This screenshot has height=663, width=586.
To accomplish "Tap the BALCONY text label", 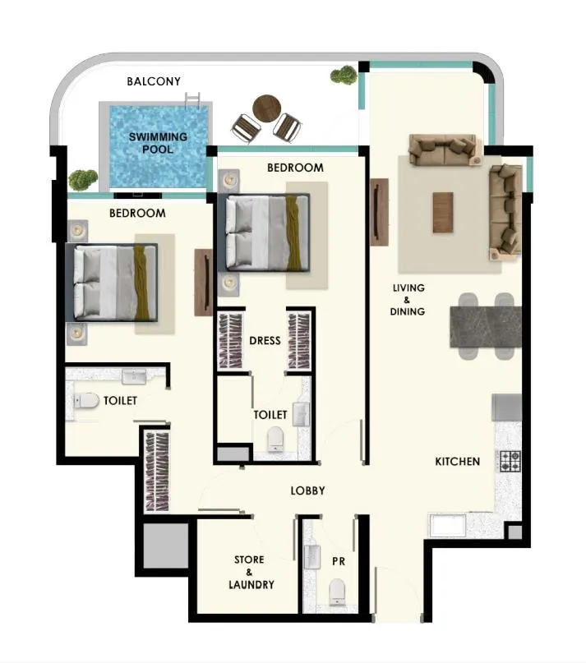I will point(154,81).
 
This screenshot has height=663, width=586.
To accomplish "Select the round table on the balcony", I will point(268,107).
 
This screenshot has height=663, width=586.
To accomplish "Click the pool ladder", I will point(194,102).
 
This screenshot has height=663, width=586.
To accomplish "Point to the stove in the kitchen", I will point(510,461).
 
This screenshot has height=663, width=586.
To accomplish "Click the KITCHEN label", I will point(457,462).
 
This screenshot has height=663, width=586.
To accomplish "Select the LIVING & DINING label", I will point(408,300).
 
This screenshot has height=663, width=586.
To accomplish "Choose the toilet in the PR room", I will point(337,592).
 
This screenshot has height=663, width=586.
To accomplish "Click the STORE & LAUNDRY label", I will point(249,573).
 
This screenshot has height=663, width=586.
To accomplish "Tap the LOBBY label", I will point(308,490).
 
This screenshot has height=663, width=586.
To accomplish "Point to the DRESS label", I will point(265,340).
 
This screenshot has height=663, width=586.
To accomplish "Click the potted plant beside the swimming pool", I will point(82,178).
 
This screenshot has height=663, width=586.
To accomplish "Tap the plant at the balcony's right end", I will point(344,76).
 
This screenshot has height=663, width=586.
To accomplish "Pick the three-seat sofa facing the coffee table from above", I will point(444,150).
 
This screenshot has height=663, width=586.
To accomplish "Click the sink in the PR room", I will point(314,558).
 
